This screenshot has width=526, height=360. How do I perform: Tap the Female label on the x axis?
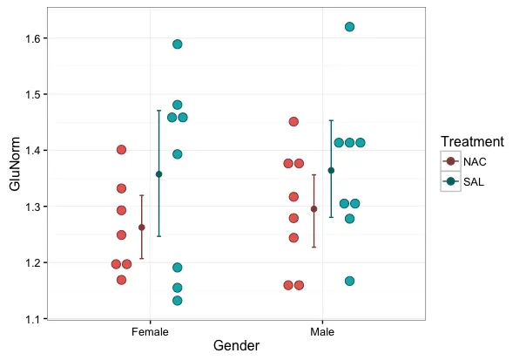(x=150, y=332)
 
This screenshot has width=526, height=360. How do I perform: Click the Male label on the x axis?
(x=322, y=332)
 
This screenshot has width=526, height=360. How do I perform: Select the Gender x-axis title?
(x=236, y=346)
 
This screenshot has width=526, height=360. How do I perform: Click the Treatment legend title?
(x=471, y=141)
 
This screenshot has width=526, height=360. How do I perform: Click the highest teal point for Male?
(x=349, y=27)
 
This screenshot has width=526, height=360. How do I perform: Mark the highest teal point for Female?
(x=177, y=44)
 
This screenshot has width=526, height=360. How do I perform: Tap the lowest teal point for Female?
(x=177, y=301)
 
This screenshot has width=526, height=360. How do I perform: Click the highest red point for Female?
(x=121, y=150)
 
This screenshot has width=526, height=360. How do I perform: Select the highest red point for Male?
(x=293, y=121)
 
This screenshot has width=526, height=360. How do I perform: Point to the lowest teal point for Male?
(x=349, y=281)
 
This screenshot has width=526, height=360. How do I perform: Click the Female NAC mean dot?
(x=141, y=228)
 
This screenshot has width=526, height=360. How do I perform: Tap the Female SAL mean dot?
(x=158, y=174)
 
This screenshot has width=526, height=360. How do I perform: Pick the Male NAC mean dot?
(x=314, y=209)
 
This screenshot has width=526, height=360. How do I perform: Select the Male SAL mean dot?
(x=331, y=170)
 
